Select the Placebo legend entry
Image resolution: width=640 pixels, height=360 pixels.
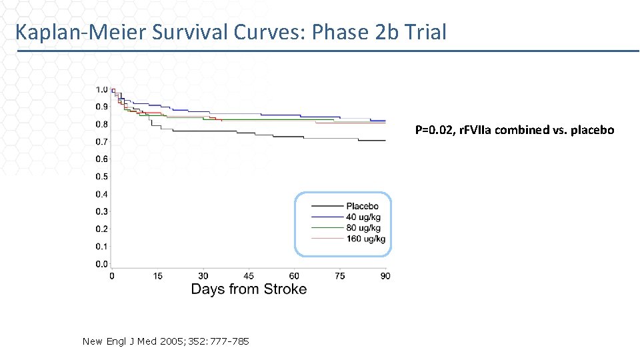click(362, 206)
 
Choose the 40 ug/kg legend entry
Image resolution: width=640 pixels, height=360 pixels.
click(362, 217)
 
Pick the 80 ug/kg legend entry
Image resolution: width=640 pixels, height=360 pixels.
click(362, 228)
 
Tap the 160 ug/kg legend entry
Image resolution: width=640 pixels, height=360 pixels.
click(365, 239)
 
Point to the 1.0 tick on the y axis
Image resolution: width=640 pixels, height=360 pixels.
click(101, 89)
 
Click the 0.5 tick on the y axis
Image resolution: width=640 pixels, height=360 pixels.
click(101, 177)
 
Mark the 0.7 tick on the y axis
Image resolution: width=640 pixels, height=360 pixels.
click(101, 142)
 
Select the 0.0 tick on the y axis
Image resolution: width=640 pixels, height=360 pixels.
click(101, 264)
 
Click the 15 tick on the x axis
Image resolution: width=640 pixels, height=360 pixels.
click(157, 276)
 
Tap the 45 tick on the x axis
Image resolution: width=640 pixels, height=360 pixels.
click(249, 276)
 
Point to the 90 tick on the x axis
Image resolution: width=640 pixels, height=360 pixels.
click(385, 276)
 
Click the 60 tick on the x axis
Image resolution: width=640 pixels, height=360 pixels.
click(294, 276)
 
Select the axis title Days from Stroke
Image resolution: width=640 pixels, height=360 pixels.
click(249, 289)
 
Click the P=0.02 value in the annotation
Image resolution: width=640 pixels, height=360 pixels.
click(435, 130)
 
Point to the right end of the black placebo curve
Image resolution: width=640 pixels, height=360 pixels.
click(385, 141)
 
